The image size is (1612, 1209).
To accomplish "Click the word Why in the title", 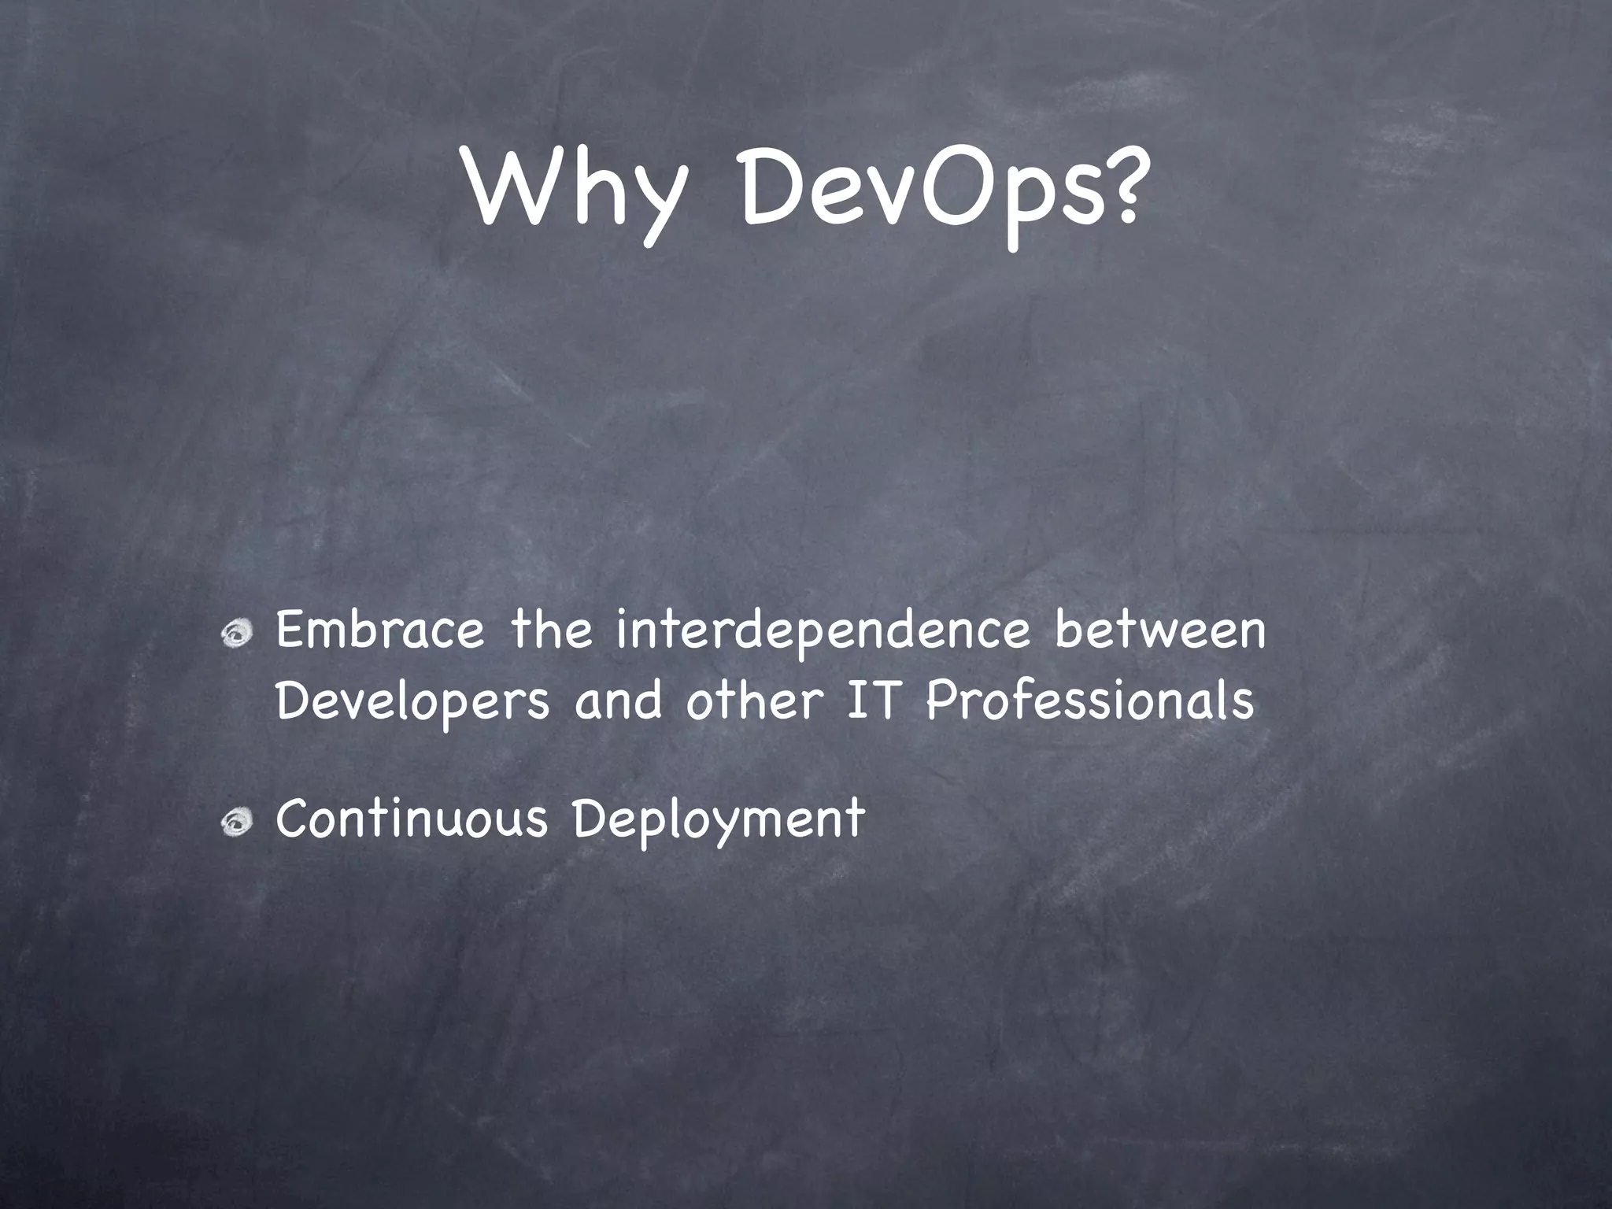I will coord(571,191).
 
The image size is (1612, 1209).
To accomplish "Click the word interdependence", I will coord(823,633).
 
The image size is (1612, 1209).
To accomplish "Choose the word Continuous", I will coord(411,818).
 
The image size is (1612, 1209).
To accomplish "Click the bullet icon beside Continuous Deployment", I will coord(236,823).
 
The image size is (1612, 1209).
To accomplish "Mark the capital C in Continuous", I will coord(294,818).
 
